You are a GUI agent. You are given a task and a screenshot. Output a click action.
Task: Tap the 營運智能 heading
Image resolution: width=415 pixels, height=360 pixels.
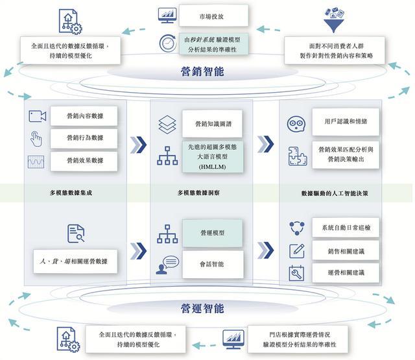(202, 307)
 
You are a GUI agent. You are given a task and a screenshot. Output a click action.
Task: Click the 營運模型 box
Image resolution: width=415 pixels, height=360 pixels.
(212, 232)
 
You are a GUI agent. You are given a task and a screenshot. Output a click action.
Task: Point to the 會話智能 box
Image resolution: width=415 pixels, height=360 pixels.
(212, 263)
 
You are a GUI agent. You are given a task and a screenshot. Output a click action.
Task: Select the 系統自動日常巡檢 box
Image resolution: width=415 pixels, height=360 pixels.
(346, 228)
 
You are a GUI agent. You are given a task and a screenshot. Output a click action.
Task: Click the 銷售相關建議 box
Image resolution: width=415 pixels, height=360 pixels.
(346, 250)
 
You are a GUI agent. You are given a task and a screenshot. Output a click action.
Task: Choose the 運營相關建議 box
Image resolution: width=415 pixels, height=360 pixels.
(346, 273)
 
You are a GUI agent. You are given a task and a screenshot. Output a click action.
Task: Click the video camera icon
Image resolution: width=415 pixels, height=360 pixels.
(37, 116)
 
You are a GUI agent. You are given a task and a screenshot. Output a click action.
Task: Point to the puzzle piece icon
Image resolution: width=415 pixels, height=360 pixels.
(296, 156)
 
